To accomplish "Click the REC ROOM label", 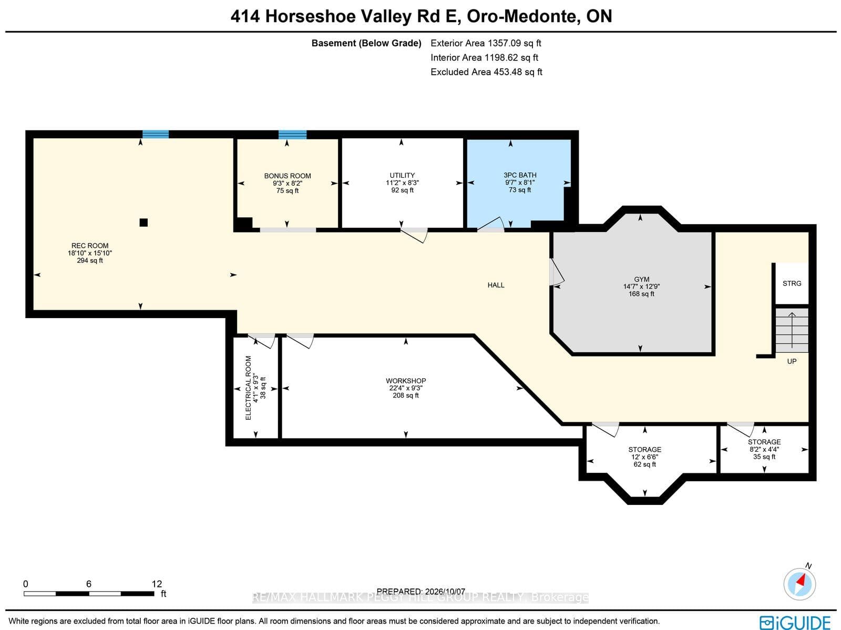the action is pos(90,246).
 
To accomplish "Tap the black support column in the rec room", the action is pos(143,222).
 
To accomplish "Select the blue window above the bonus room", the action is pos(292,135).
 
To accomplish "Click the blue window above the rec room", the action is pos(156,134).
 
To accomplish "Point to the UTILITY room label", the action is pos(402,175).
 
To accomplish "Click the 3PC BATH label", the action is pos(520,175).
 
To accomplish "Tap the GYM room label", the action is pos(642,279).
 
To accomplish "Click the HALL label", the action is pos(496,285).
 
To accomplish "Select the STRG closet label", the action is pos(792,283).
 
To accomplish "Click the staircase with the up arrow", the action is pos(792,330).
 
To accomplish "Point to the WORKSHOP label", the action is pos(406,381).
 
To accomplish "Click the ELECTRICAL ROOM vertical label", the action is pos(248,388).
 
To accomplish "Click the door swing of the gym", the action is pos(557,272).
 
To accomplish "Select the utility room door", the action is pos(414,235).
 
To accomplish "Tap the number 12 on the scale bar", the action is pos(157,584).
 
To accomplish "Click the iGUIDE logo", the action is pos(795,622).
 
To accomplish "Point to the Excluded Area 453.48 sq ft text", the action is pos(486,72).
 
